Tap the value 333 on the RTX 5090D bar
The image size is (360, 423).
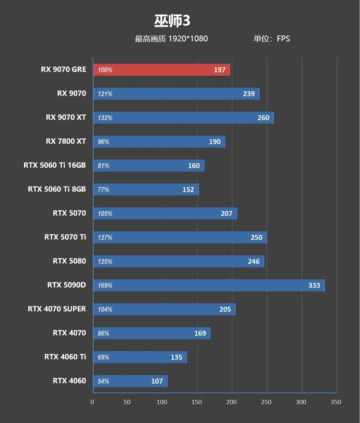(x=314, y=285)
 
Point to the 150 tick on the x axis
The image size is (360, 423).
(x=197, y=402)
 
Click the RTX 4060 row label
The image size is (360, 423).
(x=69, y=381)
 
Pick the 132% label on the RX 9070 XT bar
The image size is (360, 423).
(x=105, y=118)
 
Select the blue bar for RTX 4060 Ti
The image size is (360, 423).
(x=139, y=357)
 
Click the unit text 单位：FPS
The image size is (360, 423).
(x=271, y=39)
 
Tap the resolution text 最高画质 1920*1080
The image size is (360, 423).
(x=171, y=39)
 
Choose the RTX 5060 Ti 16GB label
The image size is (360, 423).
(x=54, y=165)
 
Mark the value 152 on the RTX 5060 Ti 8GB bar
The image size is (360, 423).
(x=188, y=190)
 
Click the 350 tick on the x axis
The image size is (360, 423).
(x=336, y=402)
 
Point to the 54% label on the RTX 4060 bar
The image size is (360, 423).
(x=103, y=381)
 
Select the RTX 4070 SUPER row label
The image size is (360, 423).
(x=56, y=309)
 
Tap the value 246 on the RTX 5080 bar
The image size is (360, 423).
(x=253, y=261)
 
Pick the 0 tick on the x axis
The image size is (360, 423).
(x=92, y=402)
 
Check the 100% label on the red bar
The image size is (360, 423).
(x=105, y=70)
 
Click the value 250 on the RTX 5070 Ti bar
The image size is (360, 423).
(x=256, y=237)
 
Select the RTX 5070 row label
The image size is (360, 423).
(x=69, y=213)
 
